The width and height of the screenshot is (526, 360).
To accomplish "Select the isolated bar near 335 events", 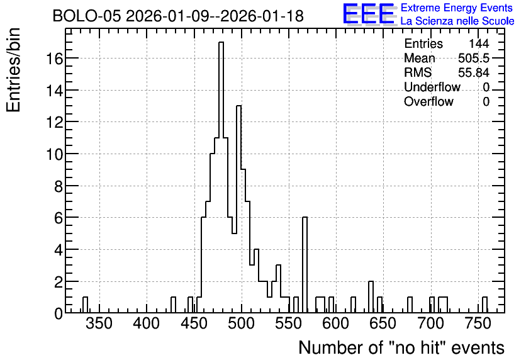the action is (x=85, y=305).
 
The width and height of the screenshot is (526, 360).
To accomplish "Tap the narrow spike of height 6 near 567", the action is (x=305, y=265).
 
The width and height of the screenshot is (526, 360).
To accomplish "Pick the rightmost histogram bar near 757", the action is (x=484, y=305).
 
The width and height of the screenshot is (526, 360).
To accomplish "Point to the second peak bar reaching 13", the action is (x=239, y=209).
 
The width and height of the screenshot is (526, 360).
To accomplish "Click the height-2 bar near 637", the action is (x=371, y=296).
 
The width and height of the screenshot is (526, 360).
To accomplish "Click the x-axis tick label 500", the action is (x=241, y=323).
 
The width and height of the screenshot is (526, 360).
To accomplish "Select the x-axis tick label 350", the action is (x=99, y=323).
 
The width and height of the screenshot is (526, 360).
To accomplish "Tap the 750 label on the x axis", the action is (x=478, y=323).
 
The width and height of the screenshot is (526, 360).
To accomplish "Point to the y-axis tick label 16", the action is (x=54, y=59).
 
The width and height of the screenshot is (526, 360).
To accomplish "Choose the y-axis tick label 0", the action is (x=59, y=313).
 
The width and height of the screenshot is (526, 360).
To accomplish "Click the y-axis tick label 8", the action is (x=59, y=186).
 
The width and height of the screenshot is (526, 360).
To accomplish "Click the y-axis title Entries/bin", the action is (x=14, y=70).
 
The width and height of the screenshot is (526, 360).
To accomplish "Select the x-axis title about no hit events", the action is (x=401, y=347).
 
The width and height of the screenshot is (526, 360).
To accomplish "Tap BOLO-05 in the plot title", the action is (x=87, y=16).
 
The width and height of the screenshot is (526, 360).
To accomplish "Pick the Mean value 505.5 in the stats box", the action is (x=474, y=58).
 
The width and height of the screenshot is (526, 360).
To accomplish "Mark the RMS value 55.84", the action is (x=474, y=72).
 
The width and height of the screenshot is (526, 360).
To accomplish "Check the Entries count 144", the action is (x=479, y=43).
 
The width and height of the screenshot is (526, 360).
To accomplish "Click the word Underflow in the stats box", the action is (x=432, y=87).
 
